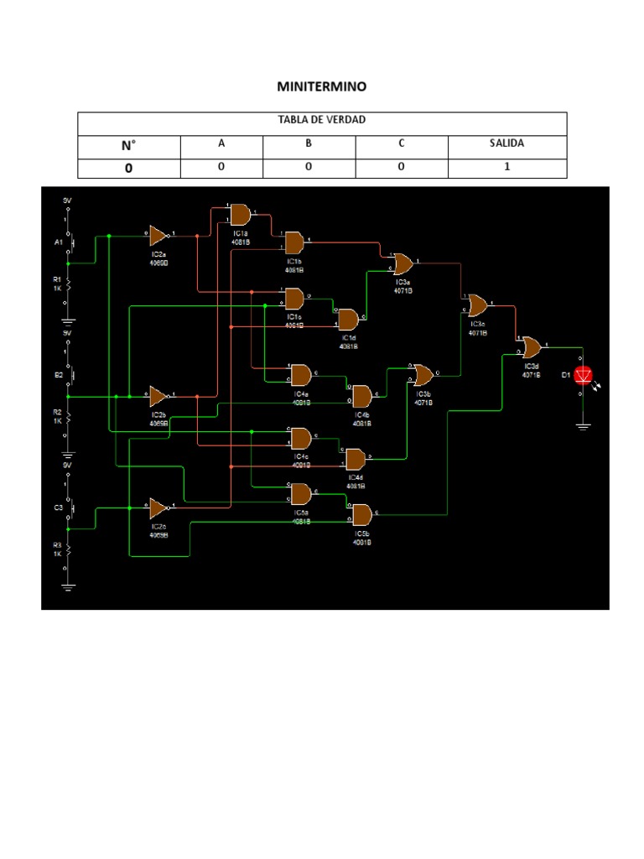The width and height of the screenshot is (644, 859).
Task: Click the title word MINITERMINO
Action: coord(322,86)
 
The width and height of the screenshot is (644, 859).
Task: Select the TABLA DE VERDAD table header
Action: coord(322,121)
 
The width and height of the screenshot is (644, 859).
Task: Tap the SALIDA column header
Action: coord(506,143)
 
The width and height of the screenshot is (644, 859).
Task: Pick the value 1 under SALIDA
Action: coord(506,167)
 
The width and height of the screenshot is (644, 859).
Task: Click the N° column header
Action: coord(128,144)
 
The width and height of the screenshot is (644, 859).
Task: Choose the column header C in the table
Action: coord(401,143)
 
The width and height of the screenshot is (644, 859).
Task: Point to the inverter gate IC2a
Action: coord(158,235)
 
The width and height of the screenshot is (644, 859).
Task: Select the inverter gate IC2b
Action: coord(158,396)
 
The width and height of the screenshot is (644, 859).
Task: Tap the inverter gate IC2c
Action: coord(158,508)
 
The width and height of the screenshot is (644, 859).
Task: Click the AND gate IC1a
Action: coord(241,214)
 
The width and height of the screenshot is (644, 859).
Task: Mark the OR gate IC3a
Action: coord(402,265)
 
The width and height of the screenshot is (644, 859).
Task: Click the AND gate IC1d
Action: coord(348,319)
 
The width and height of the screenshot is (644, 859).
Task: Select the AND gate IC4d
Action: coord(356,459)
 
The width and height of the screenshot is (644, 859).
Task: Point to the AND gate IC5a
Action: coord(300,492)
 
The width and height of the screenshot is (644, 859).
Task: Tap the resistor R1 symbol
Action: coord(69,287)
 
